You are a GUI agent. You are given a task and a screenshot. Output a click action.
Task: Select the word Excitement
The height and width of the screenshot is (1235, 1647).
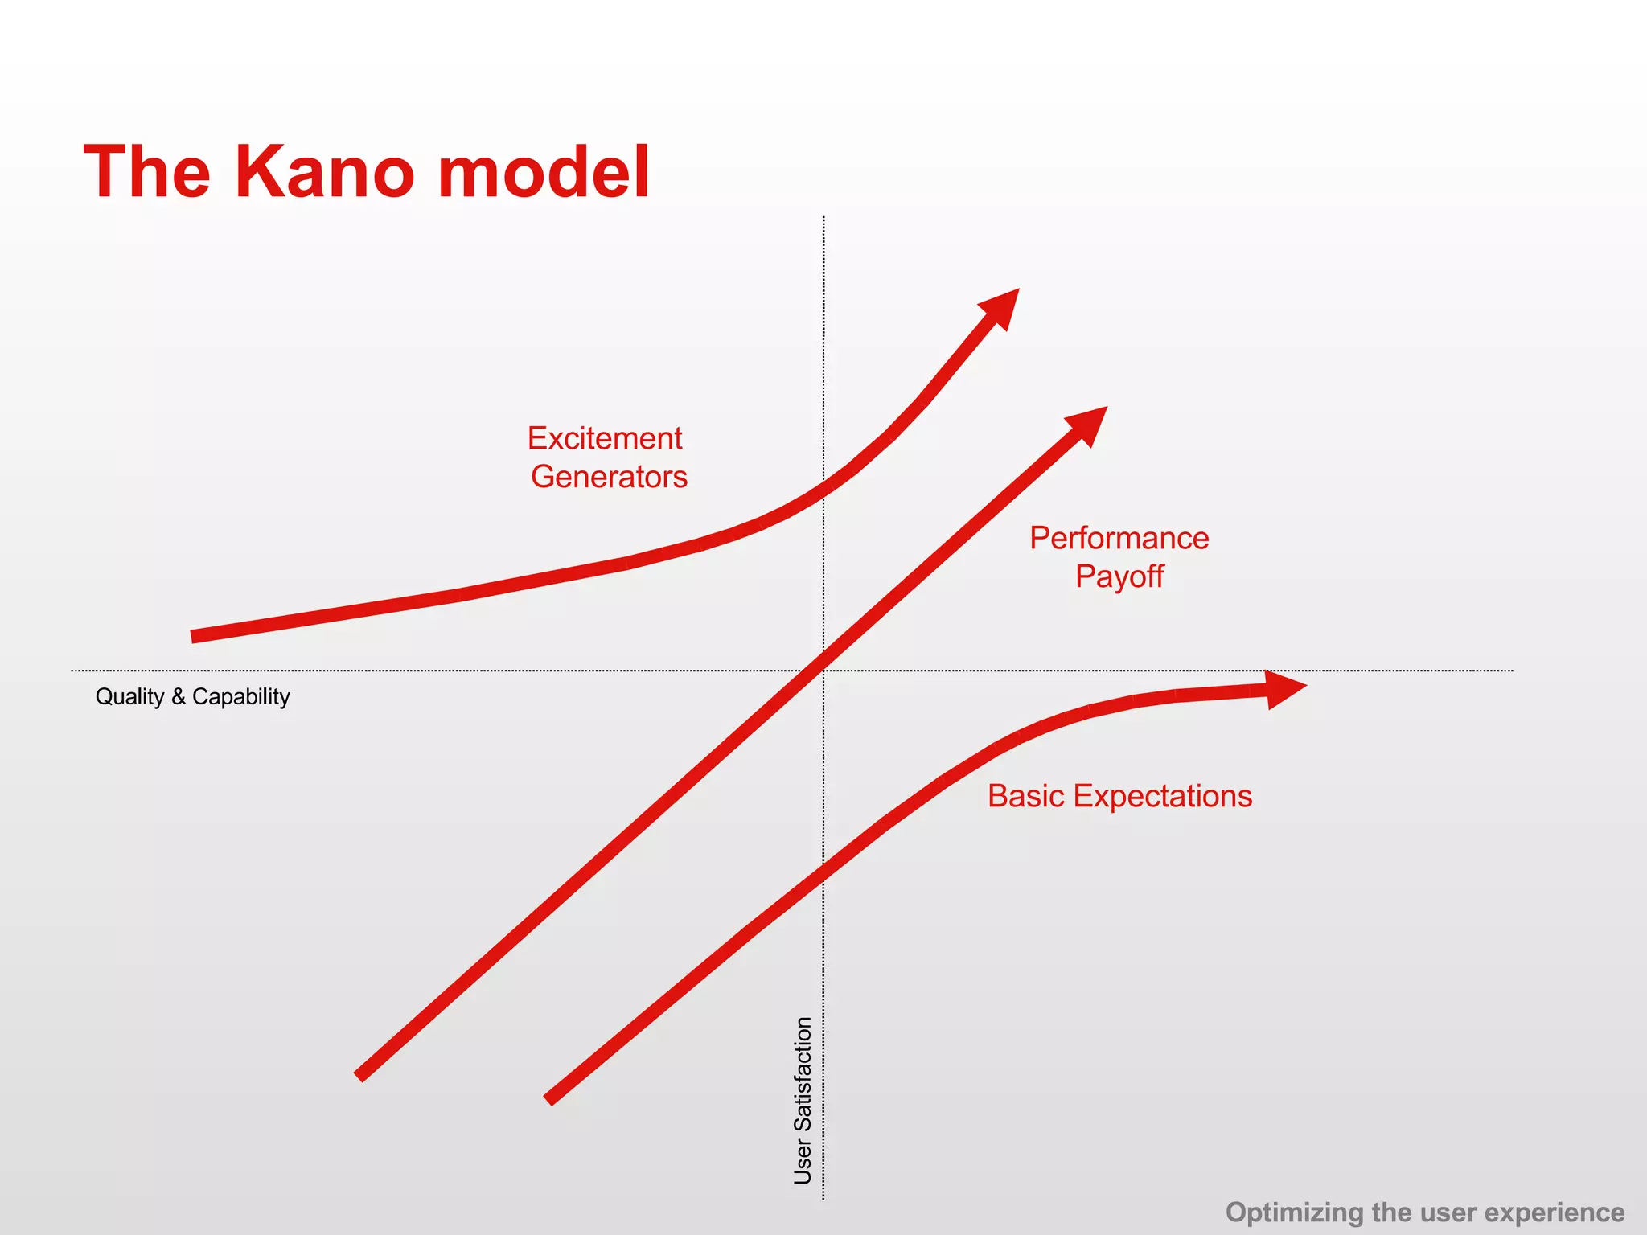[x=605, y=439]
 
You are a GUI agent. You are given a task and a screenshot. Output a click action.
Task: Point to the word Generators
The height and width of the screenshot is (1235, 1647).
[x=609, y=477]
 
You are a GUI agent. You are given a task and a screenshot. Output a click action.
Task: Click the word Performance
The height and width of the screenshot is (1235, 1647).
[x=1119, y=539]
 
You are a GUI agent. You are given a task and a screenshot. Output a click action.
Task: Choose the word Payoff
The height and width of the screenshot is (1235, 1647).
[x=1119, y=576]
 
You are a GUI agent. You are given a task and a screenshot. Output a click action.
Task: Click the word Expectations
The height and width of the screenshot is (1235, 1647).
[x=1162, y=796]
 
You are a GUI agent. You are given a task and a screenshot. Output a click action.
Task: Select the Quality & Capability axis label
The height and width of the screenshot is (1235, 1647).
[x=192, y=696]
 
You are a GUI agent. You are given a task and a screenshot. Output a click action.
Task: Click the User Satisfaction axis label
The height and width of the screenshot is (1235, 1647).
[x=803, y=1101]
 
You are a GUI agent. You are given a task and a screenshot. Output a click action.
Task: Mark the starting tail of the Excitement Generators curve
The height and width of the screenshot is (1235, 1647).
[x=195, y=637]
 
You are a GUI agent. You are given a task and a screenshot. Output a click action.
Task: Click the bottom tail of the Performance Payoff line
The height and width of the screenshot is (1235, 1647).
[x=360, y=1076]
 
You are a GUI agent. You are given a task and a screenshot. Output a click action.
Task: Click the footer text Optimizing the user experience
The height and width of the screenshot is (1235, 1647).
[x=1424, y=1212]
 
